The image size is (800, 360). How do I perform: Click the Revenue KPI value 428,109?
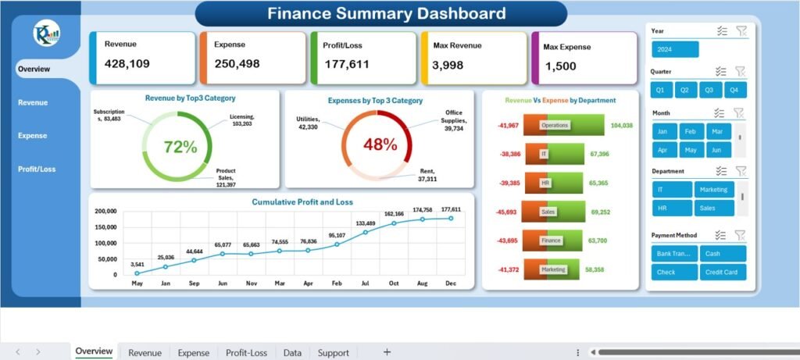click(127, 64)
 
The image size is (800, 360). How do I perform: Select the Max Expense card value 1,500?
click(560, 66)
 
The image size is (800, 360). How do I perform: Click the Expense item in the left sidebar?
click(33, 136)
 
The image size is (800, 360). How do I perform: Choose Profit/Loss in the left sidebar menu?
click(37, 169)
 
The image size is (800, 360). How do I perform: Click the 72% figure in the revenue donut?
click(180, 146)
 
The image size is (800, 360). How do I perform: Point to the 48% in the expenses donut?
click(379, 145)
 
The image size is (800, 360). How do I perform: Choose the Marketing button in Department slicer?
click(714, 190)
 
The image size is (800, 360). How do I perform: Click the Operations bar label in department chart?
click(555, 125)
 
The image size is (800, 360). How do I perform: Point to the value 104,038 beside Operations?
click(621, 126)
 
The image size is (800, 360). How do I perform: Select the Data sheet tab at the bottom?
click(292, 353)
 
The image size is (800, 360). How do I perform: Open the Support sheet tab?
click(334, 353)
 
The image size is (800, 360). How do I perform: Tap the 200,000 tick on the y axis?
click(105, 212)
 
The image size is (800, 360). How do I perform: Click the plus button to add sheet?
click(387, 352)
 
